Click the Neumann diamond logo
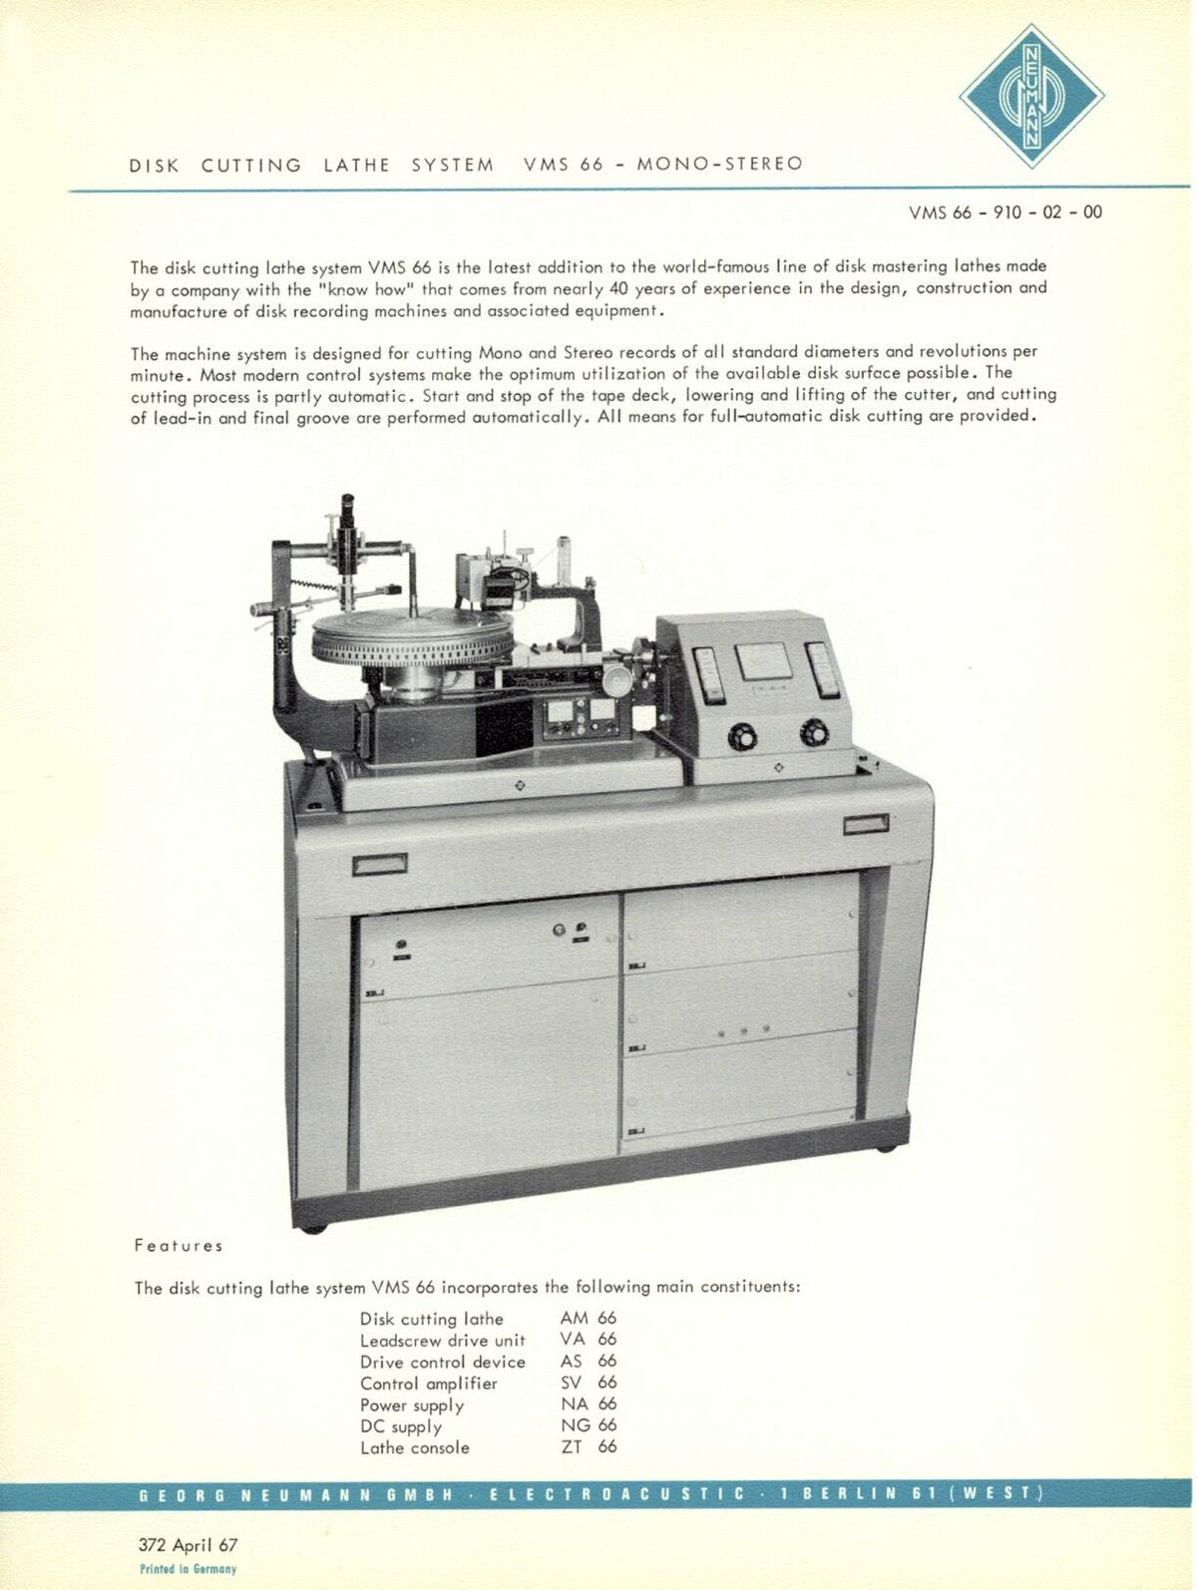click(1031, 97)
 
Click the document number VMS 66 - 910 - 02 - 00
click(1005, 212)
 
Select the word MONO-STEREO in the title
click(719, 164)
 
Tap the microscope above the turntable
click(348, 534)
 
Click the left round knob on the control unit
click(742, 737)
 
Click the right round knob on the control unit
click(814, 735)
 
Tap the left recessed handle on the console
click(379, 864)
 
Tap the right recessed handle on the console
click(866, 825)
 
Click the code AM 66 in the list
click(589, 1319)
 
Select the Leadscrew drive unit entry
click(443, 1341)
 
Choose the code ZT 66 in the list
click(589, 1447)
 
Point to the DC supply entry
click(401, 1426)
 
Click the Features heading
click(179, 1246)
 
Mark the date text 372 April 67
click(189, 1545)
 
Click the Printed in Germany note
click(189, 1569)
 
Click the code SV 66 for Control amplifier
click(589, 1383)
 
